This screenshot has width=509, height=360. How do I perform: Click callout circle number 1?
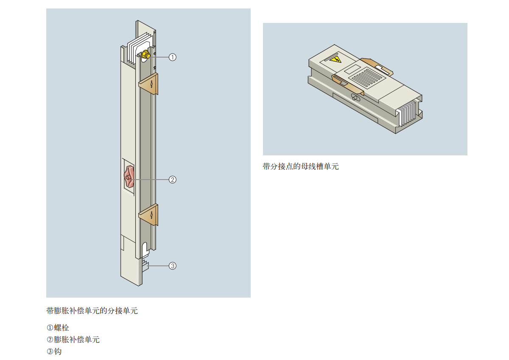click(x=173, y=57)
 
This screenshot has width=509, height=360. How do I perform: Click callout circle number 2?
click(x=173, y=180)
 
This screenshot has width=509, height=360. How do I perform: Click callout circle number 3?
click(x=173, y=266)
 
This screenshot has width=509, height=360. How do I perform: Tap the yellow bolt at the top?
click(x=146, y=54)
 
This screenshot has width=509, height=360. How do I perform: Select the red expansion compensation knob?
click(x=129, y=177)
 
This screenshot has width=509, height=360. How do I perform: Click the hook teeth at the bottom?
click(x=145, y=266)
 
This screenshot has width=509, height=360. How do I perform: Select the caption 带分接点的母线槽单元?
click(x=301, y=166)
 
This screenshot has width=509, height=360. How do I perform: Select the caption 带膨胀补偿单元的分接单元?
click(x=92, y=311)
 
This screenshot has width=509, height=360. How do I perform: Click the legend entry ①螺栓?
click(x=58, y=328)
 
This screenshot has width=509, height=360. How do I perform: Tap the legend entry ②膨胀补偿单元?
click(x=73, y=340)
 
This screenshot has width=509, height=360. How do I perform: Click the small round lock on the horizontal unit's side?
click(x=355, y=98)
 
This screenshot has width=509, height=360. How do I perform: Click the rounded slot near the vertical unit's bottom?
click(x=145, y=249)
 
